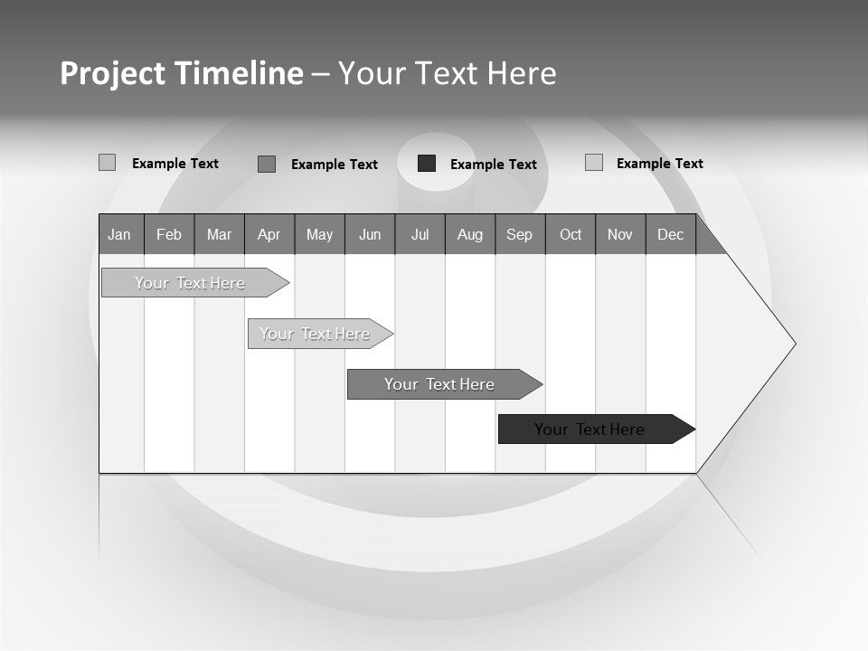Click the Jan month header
(x=120, y=234)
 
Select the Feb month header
(x=169, y=234)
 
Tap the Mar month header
(x=219, y=234)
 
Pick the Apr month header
(x=269, y=234)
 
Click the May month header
(x=319, y=234)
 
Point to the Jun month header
(x=370, y=234)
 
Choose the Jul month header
(x=420, y=234)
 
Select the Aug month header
(x=470, y=234)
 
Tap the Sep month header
(x=520, y=234)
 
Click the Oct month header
(x=571, y=234)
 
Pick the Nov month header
(x=620, y=234)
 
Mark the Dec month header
(x=671, y=234)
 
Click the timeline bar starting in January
(x=190, y=283)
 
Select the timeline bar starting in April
(x=315, y=334)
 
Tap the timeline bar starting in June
(x=439, y=384)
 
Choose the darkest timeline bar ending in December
(x=590, y=429)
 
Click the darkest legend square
(x=427, y=164)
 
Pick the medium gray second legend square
(x=267, y=164)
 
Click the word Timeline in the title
(x=238, y=73)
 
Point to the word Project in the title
(x=112, y=73)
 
